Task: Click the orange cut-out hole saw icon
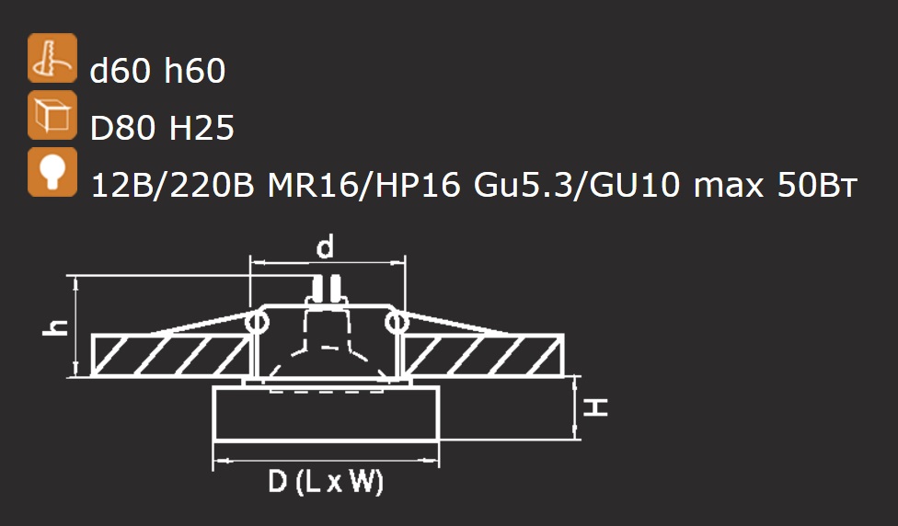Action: point(52,58)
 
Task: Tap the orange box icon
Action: point(52,115)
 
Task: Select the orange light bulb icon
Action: point(52,172)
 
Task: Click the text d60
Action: point(121,71)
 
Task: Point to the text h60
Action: point(195,71)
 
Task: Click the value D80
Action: point(123,128)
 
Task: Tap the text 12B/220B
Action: point(172,186)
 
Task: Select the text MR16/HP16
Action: point(364,186)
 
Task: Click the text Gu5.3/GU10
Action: point(577,186)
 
